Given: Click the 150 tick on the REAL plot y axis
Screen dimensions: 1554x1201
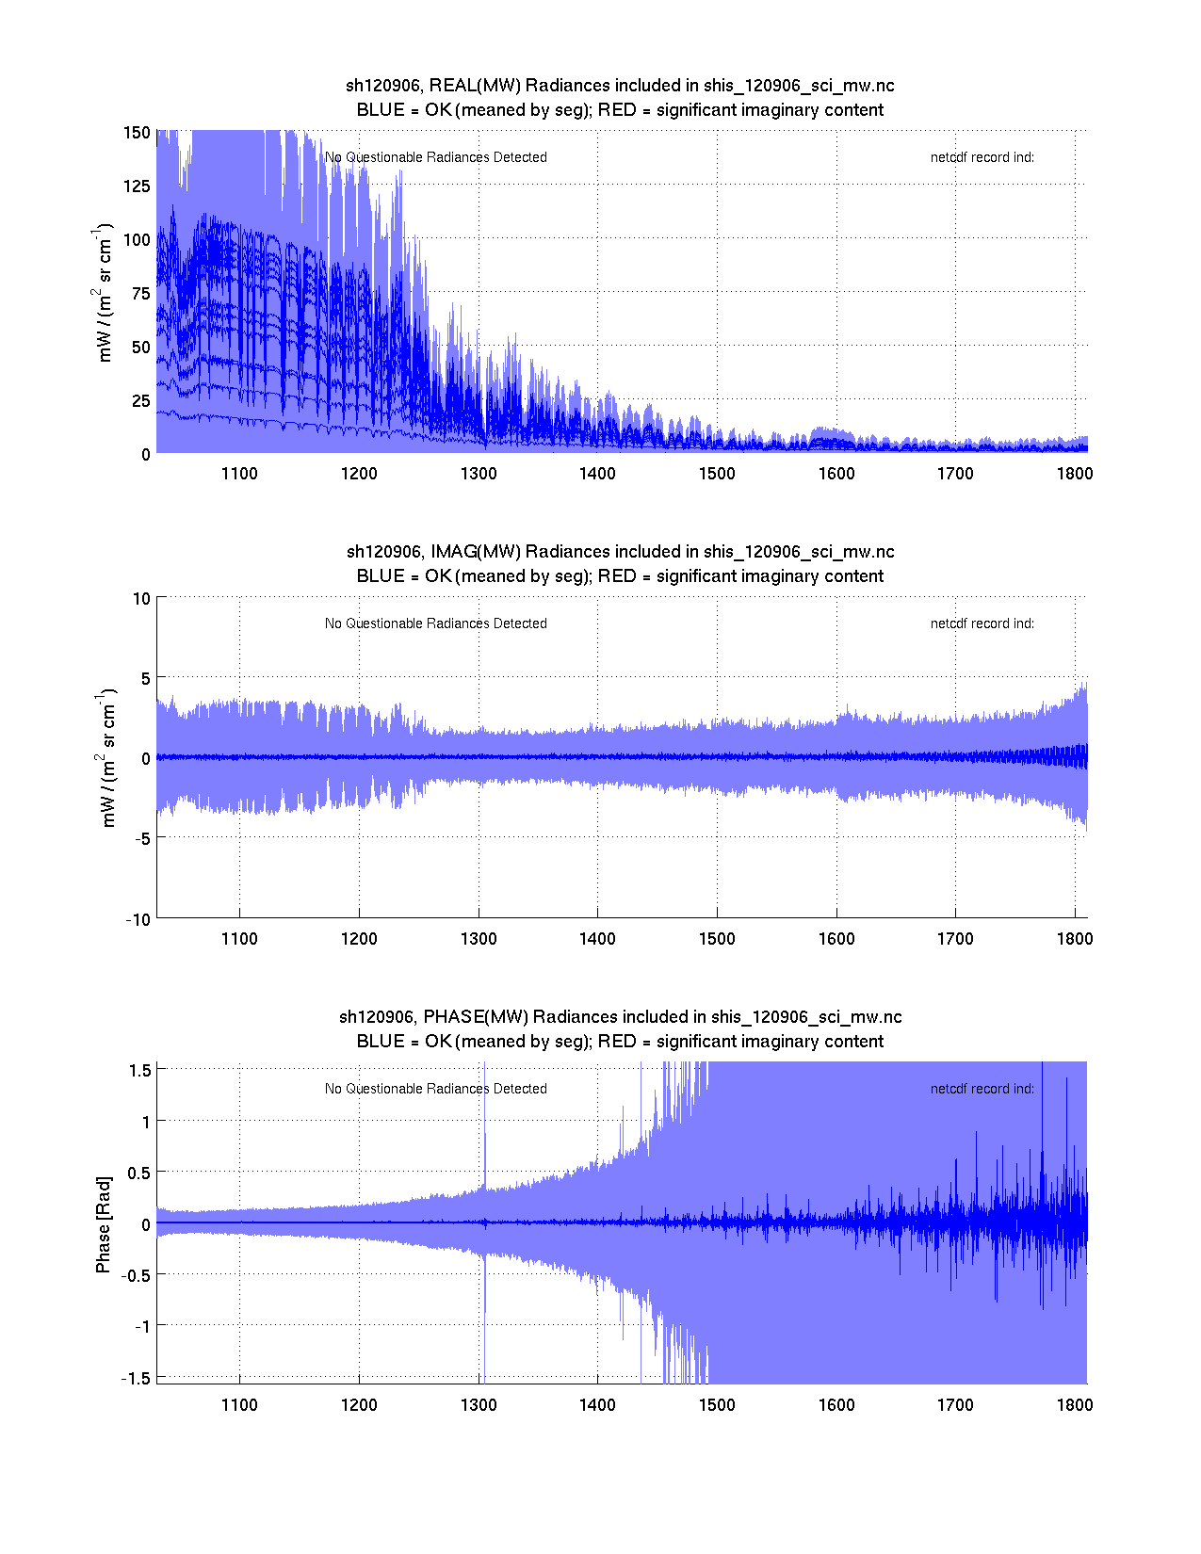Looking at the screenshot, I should tap(137, 133).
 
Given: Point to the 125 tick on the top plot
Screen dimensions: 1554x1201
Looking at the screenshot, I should tap(137, 186).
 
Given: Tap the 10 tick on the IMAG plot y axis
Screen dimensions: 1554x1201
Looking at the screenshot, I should tap(141, 599).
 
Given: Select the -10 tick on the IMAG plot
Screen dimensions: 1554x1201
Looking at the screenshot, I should tap(138, 920).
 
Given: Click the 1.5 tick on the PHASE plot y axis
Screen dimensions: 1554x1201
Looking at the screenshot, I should tap(140, 1070).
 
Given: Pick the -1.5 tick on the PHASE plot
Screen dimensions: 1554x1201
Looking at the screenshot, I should tap(138, 1378).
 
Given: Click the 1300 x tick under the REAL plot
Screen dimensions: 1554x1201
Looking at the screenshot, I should tap(479, 474).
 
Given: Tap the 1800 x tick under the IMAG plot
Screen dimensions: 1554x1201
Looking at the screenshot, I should tap(1075, 939).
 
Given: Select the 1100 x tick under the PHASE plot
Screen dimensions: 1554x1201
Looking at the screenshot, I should tap(239, 1405).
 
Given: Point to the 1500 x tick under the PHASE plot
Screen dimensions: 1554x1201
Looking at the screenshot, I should tap(717, 1405).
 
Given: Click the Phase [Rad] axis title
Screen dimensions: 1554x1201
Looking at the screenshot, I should tap(104, 1224).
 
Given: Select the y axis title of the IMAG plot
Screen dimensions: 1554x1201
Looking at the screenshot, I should tap(107, 759).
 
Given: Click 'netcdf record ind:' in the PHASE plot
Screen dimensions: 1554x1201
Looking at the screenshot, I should tap(982, 1089).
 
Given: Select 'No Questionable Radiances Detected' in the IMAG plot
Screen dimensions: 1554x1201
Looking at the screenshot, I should tap(435, 623).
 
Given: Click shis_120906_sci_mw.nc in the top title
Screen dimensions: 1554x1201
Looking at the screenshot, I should tap(799, 86).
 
